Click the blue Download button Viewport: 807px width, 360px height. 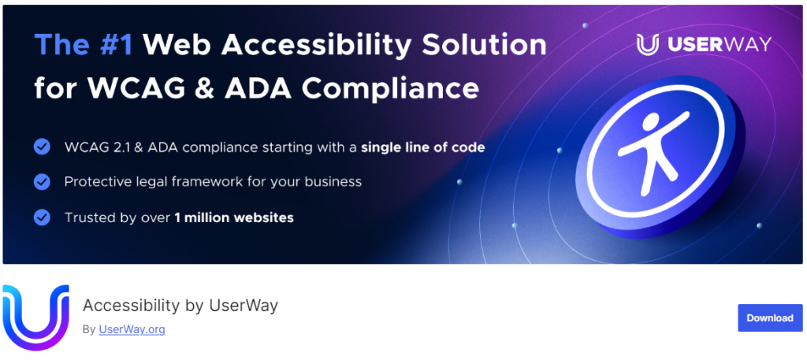tap(769, 318)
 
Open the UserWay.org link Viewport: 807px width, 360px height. tap(132, 329)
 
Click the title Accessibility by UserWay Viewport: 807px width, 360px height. tap(180, 306)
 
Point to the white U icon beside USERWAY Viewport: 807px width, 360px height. tap(648, 45)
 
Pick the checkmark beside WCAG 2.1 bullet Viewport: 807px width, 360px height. tap(42, 147)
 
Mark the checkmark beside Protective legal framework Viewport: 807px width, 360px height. tap(42, 182)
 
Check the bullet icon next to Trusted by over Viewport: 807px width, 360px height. tap(42, 217)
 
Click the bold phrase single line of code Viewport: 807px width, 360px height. tap(422, 147)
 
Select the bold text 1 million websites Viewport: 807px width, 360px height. tap(233, 217)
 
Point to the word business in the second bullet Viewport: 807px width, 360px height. tap(333, 182)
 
